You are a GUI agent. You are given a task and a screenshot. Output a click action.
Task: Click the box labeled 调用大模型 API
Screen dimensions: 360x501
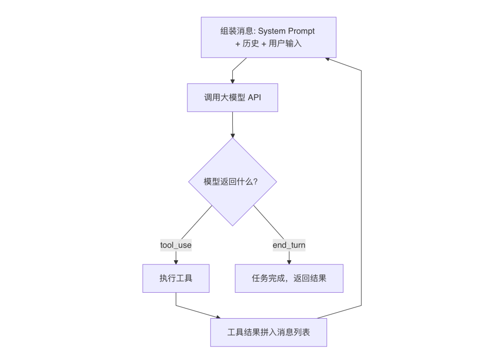pos(232,97)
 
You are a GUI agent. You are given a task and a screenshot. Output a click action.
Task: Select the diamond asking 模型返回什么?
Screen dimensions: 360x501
pos(232,182)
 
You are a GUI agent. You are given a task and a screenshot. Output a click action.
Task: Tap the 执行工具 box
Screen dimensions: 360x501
pos(176,278)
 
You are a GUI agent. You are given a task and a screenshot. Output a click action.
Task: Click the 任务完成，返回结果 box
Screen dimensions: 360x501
pos(289,278)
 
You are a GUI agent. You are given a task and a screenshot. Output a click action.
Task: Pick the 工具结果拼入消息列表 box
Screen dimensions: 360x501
pos(269,332)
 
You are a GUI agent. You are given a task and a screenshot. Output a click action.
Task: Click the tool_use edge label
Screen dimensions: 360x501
pos(176,245)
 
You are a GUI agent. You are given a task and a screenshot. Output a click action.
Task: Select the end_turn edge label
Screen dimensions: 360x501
pos(289,245)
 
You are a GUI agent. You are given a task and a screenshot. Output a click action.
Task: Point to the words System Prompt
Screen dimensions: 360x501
pos(286,31)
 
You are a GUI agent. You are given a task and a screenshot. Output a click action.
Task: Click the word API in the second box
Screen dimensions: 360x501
pos(254,97)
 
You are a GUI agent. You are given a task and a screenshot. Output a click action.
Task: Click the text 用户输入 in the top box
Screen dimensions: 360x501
pos(285,44)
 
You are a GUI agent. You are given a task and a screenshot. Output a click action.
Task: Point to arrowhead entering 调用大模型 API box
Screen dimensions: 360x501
pos(232,81)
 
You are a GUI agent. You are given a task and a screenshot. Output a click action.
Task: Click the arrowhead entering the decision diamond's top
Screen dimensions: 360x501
pos(232,135)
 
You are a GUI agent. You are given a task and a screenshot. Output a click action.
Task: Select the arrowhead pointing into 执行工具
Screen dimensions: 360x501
pos(176,262)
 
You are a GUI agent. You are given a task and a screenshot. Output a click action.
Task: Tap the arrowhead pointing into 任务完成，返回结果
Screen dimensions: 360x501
pos(289,262)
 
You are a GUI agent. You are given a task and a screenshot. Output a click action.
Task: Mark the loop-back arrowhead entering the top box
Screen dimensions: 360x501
pos(328,59)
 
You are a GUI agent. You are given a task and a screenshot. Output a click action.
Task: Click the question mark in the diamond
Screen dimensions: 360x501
pos(255,182)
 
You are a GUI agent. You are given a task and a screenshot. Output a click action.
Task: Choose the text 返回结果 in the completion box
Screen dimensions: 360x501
pos(310,278)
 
